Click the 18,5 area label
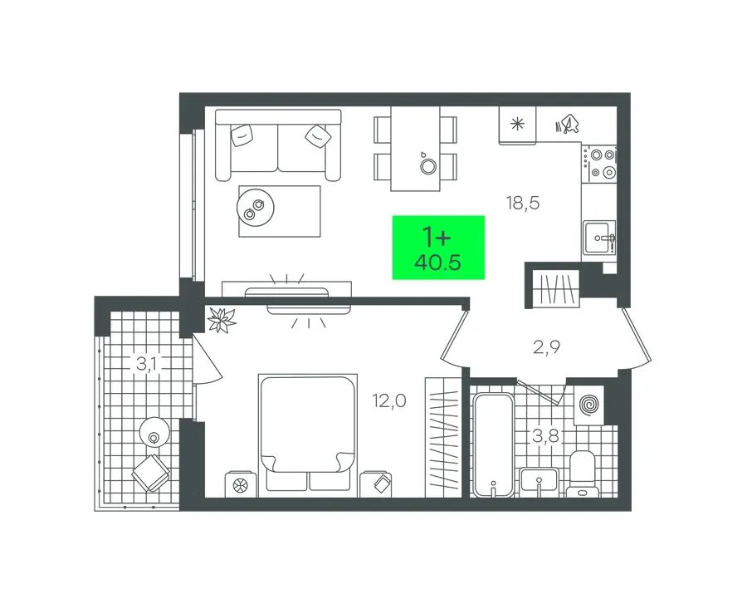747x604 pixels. (x=523, y=204)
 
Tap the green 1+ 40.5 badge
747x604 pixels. (x=438, y=248)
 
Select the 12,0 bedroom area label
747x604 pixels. (x=389, y=401)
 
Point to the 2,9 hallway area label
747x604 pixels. (x=546, y=348)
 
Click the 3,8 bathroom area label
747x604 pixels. (x=545, y=435)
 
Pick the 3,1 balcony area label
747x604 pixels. (x=149, y=365)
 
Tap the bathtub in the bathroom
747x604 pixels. (x=494, y=445)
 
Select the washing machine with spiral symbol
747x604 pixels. (x=589, y=405)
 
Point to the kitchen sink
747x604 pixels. (x=599, y=238)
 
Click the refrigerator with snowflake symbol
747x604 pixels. (x=517, y=125)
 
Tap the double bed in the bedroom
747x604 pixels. (x=308, y=435)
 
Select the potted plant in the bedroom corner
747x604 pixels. (x=221, y=319)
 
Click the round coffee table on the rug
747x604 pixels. (x=256, y=208)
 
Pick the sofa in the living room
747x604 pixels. (x=278, y=145)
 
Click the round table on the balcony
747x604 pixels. (x=154, y=432)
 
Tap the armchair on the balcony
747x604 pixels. (x=151, y=473)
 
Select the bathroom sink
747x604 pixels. (x=539, y=479)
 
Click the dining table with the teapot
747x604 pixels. (x=415, y=149)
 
